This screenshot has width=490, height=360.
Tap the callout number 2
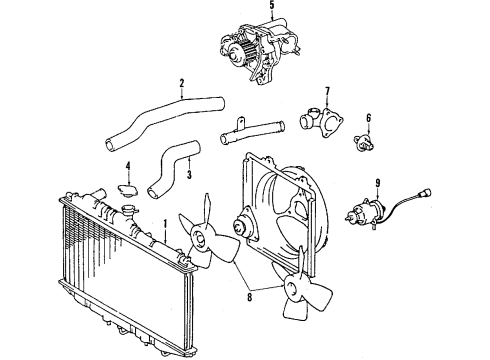(181, 83)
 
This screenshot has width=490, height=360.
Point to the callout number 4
(127, 165)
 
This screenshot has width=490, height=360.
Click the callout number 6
(368, 118)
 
